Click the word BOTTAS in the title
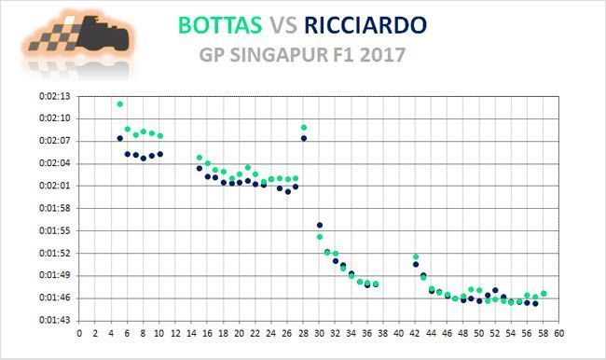[220, 25]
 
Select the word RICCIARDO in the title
[365, 25]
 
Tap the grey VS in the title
[283, 25]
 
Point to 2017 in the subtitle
[382, 54]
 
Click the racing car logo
[78, 41]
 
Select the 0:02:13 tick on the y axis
[54, 96]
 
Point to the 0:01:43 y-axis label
[54, 320]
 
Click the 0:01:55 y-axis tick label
[54, 230]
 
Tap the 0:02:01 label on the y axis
[54, 186]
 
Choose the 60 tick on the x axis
[558, 333]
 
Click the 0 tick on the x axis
[79, 333]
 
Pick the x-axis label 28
[303, 333]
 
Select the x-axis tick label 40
[399, 333]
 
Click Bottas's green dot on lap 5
[120, 104]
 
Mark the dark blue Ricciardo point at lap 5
[120, 138]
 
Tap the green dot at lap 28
[304, 127]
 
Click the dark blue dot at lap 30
[320, 225]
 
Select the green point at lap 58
[544, 294]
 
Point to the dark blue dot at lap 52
[495, 290]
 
